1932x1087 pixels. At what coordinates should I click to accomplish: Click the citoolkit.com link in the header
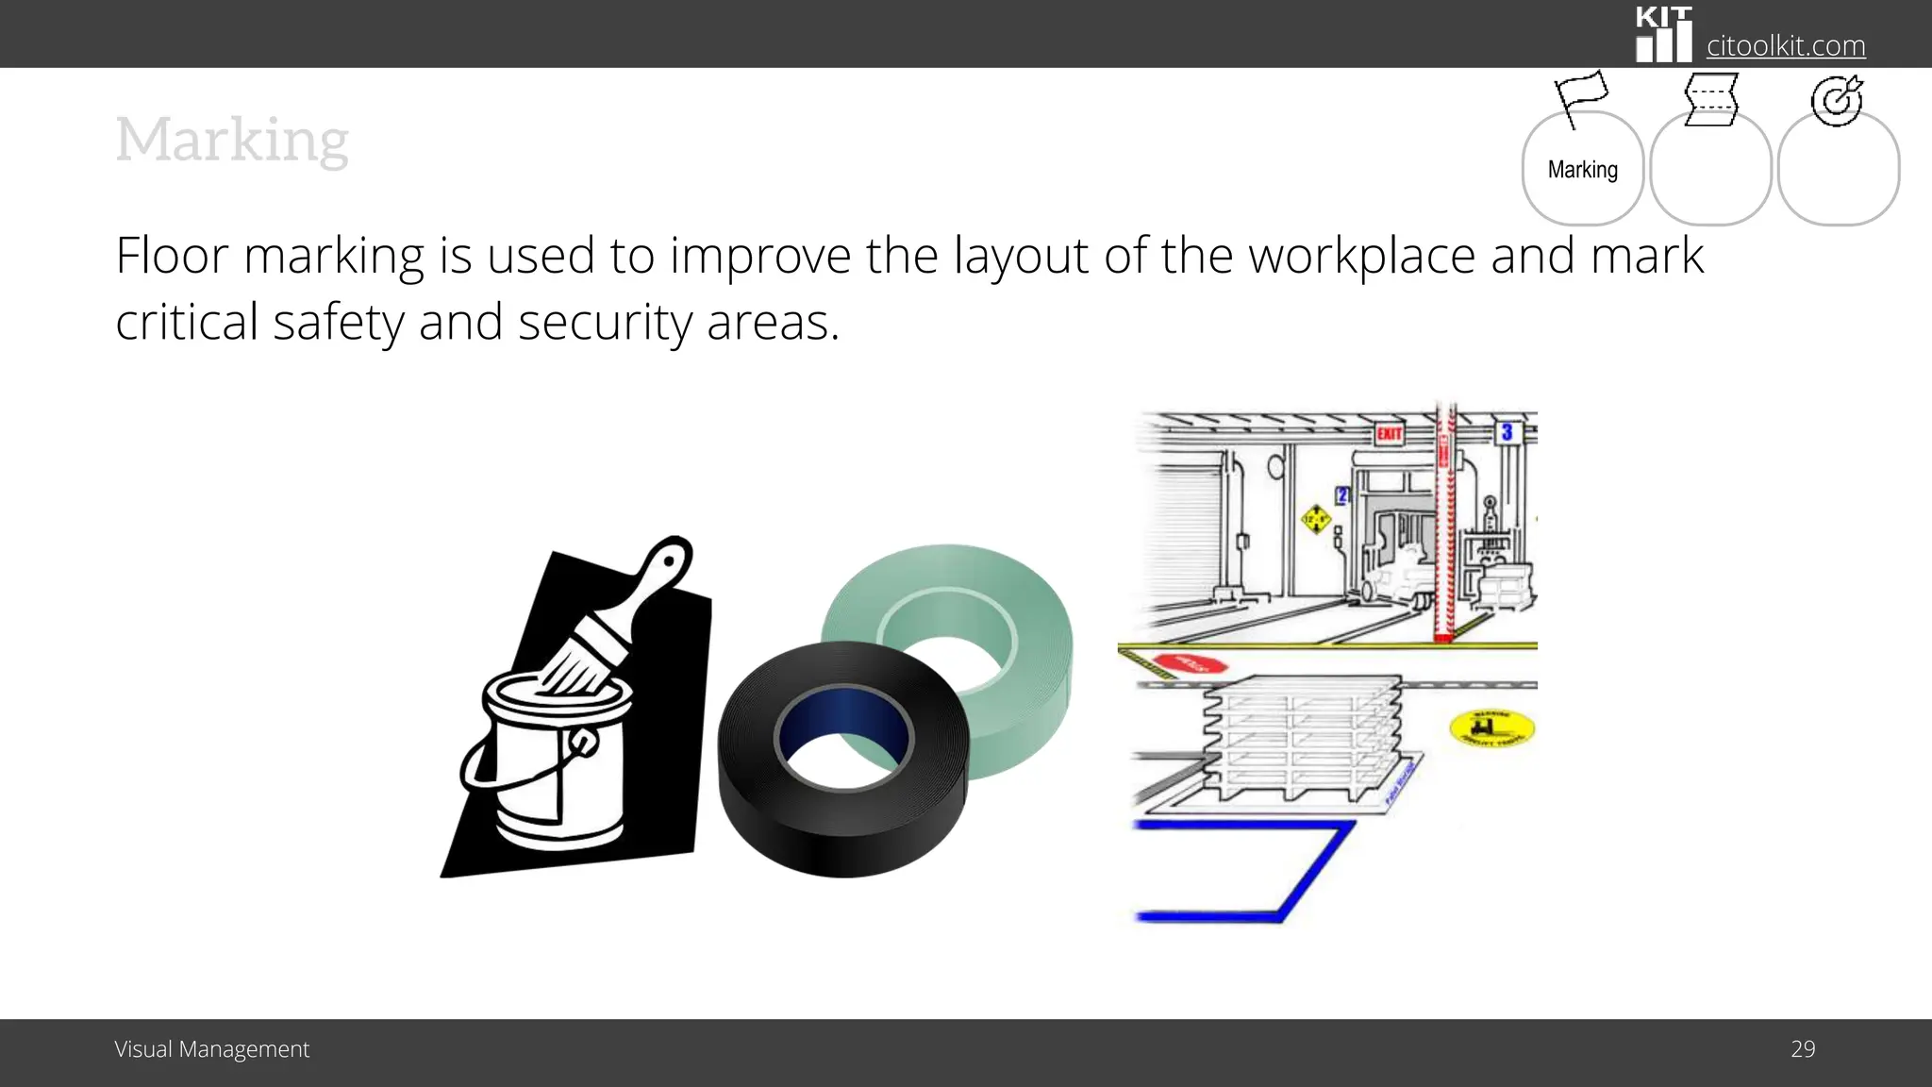[1785, 45]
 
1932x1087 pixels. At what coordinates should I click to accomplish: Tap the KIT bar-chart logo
[1663, 36]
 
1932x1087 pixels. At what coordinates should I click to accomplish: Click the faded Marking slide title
[232, 140]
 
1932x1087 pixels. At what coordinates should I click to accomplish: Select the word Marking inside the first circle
[1582, 170]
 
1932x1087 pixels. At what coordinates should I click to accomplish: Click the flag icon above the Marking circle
[1580, 95]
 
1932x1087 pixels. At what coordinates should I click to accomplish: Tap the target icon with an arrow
[1837, 100]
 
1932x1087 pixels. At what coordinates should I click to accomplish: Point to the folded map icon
[1710, 99]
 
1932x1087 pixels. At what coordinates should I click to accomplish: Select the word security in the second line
[605, 323]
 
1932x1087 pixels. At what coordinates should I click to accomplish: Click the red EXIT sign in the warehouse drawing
[1389, 433]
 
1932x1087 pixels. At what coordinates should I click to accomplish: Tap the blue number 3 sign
[1507, 432]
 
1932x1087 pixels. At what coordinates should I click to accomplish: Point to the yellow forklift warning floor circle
[1491, 727]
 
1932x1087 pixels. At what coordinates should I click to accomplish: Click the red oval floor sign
[1191, 663]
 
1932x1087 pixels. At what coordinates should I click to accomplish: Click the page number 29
[1802, 1049]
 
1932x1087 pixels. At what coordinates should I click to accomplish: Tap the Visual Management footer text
[211, 1049]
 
